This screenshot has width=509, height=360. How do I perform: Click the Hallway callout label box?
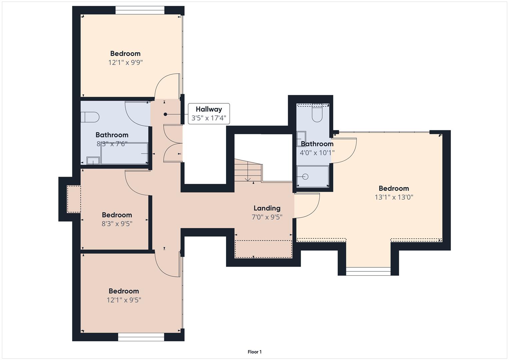(209, 114)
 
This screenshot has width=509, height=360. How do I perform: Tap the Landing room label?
(267, 208)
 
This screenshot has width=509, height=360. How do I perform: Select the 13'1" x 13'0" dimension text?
(394, 197)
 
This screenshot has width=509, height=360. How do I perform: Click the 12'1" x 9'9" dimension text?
(125, 62)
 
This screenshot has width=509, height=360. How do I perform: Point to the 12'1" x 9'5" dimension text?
(124, 300)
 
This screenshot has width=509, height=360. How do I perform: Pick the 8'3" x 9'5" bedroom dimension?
(117, 224)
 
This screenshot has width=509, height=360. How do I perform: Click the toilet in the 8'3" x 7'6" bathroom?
(90, 117)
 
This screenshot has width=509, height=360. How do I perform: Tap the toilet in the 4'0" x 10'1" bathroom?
(317, 113)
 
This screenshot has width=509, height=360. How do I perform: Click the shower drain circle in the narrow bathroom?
(305, 177)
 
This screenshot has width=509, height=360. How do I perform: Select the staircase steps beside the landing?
(248, 170)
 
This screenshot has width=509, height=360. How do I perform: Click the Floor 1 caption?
(255, 352)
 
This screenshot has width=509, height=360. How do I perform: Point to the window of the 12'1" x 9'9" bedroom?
(140, 10)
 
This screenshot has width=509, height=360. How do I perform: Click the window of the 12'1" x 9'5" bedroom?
(141, 337)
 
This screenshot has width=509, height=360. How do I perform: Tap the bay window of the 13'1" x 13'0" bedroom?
(368, 271)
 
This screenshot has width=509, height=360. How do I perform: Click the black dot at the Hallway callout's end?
(165, 114)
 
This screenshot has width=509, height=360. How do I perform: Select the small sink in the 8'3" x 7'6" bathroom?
(93, 160)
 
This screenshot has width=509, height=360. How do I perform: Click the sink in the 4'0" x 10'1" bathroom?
(301, 139)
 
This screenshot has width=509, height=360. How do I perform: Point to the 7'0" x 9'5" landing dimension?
(267, 217)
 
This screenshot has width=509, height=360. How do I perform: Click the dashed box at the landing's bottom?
(263, 249)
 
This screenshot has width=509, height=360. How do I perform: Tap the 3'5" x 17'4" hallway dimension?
(209, 118)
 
